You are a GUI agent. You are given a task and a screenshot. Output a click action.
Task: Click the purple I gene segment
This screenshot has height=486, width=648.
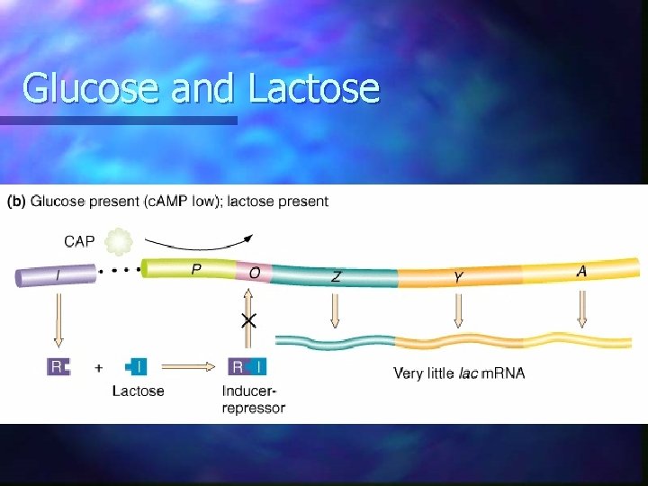(x=53, y=274)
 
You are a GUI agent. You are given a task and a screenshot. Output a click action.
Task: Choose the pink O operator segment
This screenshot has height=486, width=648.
(x=254, y=270)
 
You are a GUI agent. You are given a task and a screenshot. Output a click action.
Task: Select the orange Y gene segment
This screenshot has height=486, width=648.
(x=459, y=274)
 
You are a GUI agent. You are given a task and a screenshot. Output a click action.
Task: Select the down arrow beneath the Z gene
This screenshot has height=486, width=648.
(x=335, y=310)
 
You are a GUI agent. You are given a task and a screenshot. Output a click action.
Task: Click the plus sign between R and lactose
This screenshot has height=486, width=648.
(x=99, y=367)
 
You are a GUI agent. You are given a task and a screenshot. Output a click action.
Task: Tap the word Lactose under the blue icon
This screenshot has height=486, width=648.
(x=139, y=391)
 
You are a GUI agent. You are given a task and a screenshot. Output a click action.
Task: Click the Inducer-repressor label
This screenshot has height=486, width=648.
(x=253, y=400)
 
